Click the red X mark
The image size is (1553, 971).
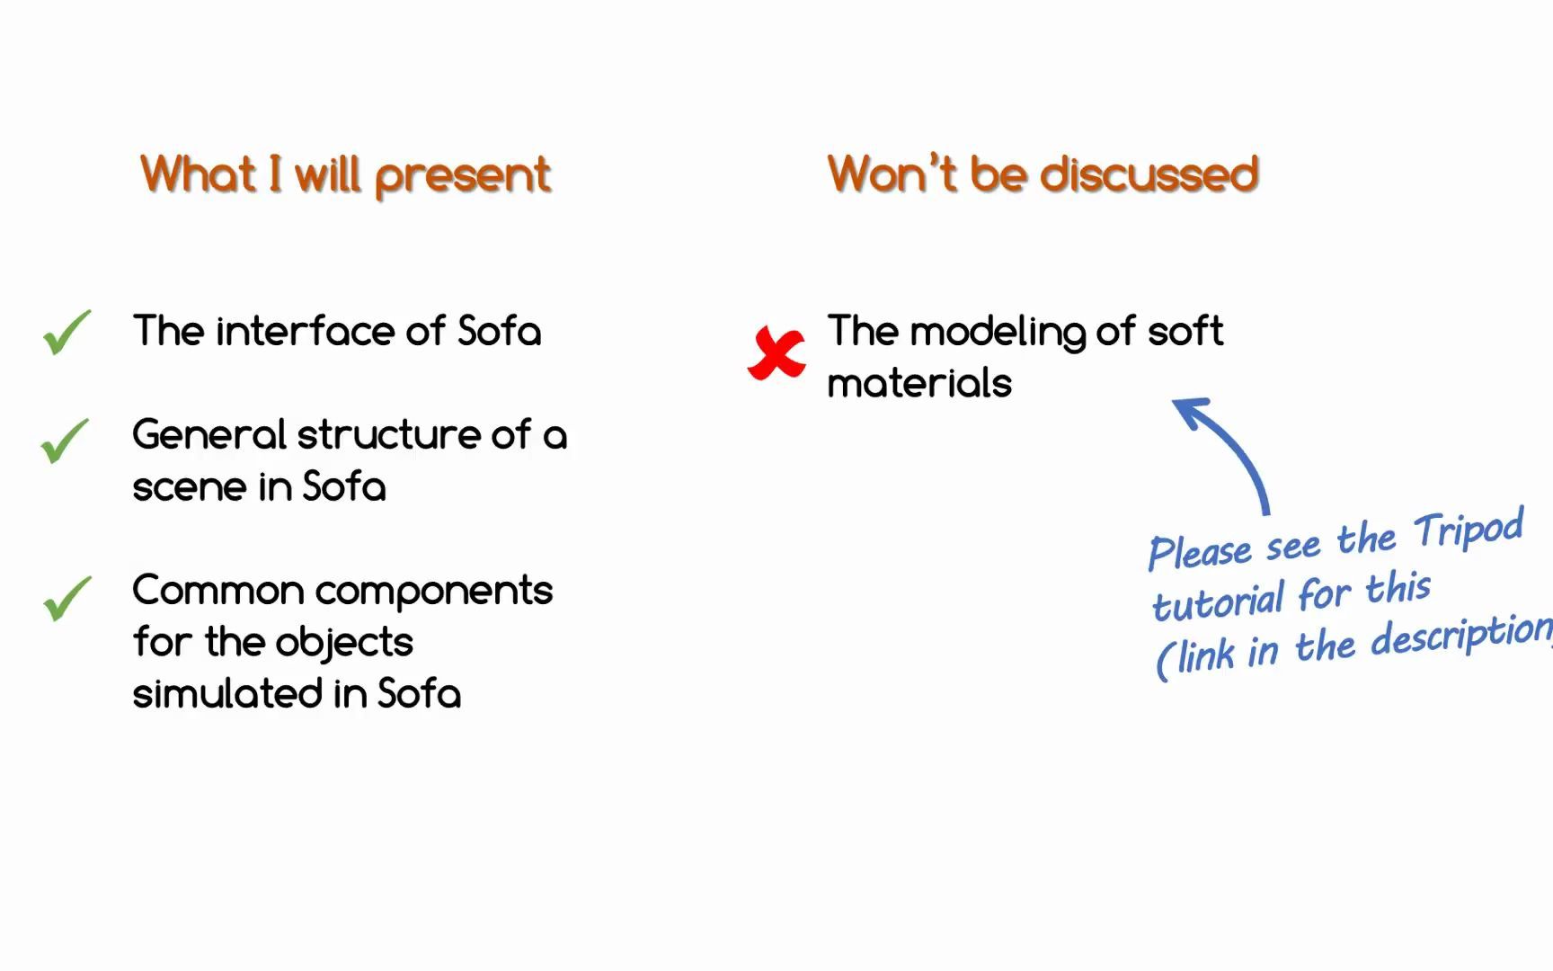coord(776,353)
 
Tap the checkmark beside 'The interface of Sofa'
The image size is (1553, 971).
coord(67,332)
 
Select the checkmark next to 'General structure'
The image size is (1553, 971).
coord(65,441)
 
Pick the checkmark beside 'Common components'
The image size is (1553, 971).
coord(67,598)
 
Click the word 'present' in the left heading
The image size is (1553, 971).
coord(462,175)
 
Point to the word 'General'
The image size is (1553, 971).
coord(209,435)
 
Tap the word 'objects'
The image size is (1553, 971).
coord(343,643)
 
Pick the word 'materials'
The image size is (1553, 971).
coord(919,384)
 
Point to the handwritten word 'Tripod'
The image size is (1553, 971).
coord(1469,529)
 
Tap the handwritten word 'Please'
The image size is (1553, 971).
coord(1200,551)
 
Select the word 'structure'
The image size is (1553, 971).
coord(388,435)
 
